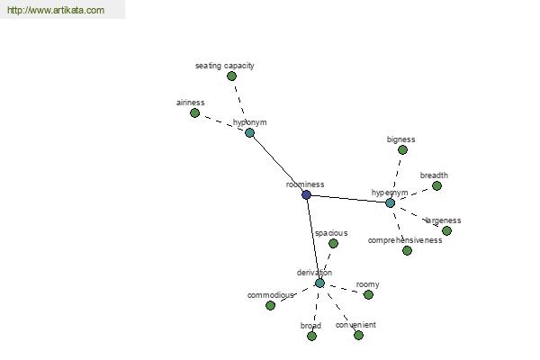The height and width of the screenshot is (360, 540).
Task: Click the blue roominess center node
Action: (306, 194)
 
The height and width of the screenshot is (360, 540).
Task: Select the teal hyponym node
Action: (249, 132)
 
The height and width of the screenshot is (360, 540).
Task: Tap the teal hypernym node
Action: (390, 202)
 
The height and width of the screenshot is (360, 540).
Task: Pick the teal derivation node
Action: (319, 283)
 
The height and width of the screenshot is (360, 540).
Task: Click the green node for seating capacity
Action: (232, 76)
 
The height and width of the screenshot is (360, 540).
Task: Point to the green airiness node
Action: (194, 113)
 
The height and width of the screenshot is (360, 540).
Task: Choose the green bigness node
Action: (402, 150)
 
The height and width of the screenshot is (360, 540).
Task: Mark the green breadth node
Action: (436, 186)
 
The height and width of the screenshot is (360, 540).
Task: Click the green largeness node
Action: (446, 230)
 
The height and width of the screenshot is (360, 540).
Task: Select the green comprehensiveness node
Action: (407, 250)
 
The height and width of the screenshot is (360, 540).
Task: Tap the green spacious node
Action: (333, 244)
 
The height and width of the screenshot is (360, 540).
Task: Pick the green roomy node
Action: (368, 295)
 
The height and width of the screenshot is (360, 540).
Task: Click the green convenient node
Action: (358, 335)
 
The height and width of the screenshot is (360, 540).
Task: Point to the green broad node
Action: (311, 336)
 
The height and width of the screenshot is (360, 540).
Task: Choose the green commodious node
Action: (270, 305)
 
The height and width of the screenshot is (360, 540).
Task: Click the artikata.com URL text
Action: (56, 10)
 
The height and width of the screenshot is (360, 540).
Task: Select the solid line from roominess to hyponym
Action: (278, 164)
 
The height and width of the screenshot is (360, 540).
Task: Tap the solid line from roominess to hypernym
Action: (347, 199)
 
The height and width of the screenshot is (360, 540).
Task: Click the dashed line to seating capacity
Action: (239, 100)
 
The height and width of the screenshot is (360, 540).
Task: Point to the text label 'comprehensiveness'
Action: (405, 240)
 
